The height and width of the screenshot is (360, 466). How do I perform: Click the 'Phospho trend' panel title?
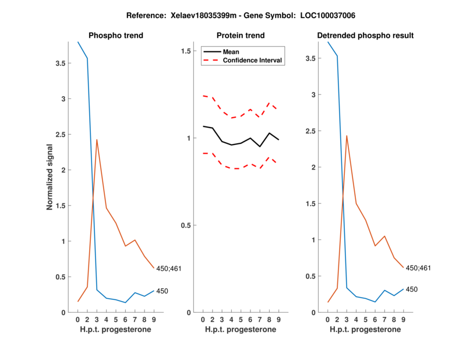click(115, 36)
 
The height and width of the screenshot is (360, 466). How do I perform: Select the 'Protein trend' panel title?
click(241, 36)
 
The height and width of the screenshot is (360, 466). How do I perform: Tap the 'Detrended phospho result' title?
click(365, 36)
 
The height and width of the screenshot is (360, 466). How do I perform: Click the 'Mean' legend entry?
click(231, 52)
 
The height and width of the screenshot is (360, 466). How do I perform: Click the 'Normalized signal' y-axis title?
click(51, 177)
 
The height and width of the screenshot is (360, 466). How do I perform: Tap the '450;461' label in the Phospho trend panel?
click(170, 269)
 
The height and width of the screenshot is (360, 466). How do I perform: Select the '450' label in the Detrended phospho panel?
click(411, 289)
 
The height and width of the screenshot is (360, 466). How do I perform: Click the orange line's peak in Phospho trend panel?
click(97, 139)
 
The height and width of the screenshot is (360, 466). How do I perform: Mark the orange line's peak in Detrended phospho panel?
click(347, 136)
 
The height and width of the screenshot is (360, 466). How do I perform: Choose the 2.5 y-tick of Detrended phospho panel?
click(313, 131)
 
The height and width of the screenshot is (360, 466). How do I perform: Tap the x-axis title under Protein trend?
click(241, 330)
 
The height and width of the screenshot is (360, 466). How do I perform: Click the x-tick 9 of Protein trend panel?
click(278, 320)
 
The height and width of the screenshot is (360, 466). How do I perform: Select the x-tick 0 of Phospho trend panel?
click(78, 320)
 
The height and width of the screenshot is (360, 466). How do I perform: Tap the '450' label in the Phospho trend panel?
click(162, 291)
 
